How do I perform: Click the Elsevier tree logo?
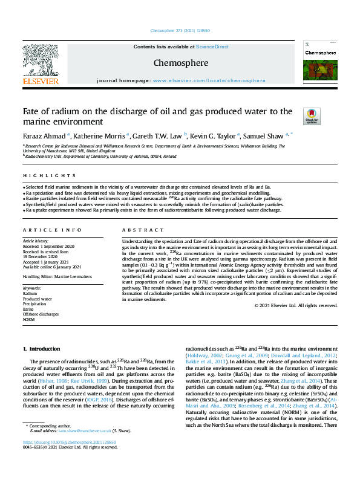click(41, 60)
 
